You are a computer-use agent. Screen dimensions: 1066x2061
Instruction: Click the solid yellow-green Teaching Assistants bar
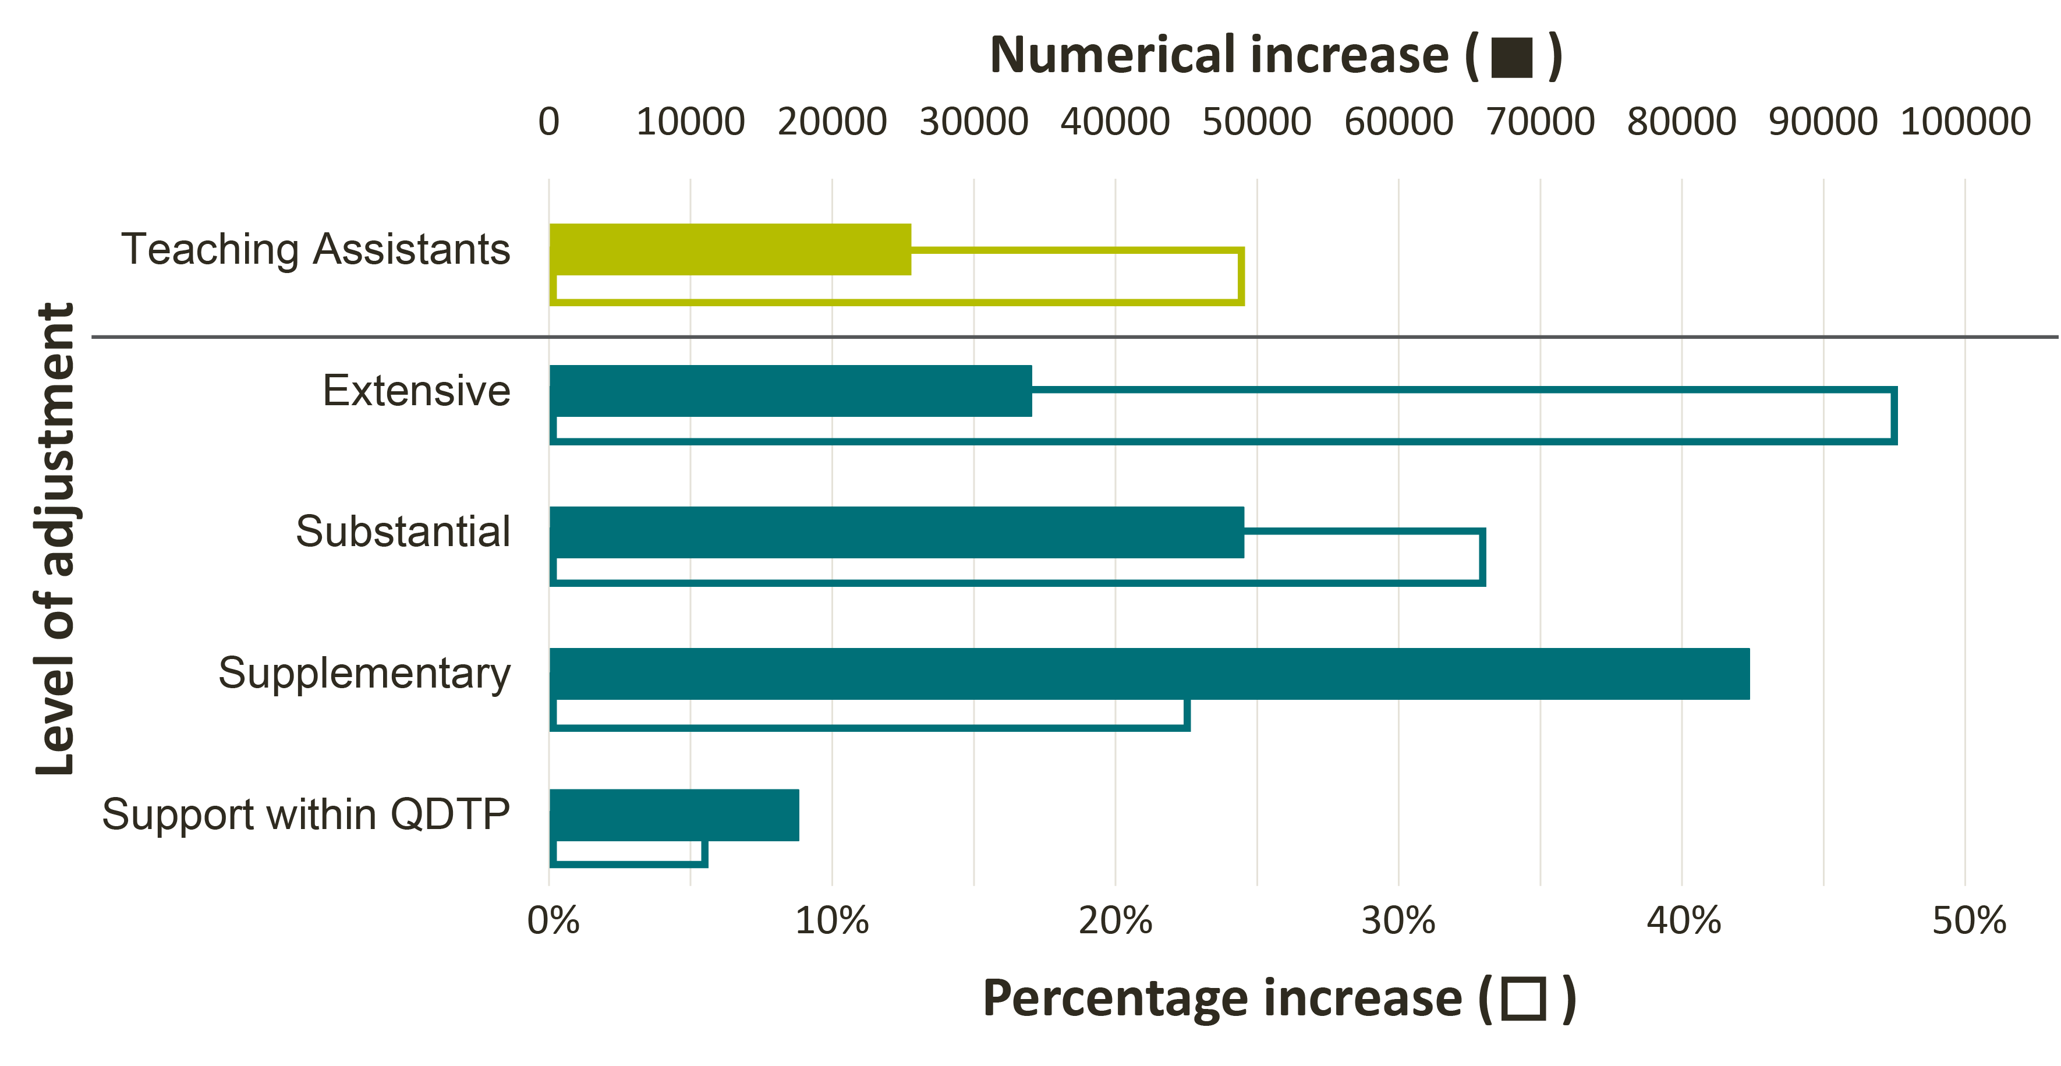pyautogui.click(x=730, y=249)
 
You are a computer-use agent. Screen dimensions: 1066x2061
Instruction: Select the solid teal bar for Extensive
pyautogui.click(x=791, y=391)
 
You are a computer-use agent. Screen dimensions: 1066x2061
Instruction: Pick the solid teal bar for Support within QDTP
pyautogui.click(x=674, y=814)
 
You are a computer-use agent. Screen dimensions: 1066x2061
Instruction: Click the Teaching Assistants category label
pyautogui.click(x=315, y=249)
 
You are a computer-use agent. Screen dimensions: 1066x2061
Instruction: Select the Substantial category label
pyautogui.click(x=402, y=532)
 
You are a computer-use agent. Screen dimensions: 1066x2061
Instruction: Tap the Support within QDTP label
pyautogui.click(x=306, y=814)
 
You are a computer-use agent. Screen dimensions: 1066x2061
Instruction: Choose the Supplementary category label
pyautogui.click(x=364, y=673)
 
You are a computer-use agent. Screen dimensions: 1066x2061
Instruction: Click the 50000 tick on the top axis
pyautogui.click(x=1256, y=122)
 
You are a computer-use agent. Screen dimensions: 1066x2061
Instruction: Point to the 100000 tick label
pyautogui.click(x=1965, y=122)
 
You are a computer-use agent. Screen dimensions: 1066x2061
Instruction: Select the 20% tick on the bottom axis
pyautogui.click(x=1116, y=920)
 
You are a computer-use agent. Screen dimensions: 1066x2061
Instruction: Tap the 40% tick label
pyautogui.click(x=1683, y=920)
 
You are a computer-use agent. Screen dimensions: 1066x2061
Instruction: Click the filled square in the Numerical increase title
pyautogui.click(x=1512, y=58)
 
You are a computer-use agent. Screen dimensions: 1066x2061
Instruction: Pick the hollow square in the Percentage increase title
pyautogui.click(x=1524, y=999)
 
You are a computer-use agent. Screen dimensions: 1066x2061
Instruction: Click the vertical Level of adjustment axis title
pyautogui.click(x=54, y=538)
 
